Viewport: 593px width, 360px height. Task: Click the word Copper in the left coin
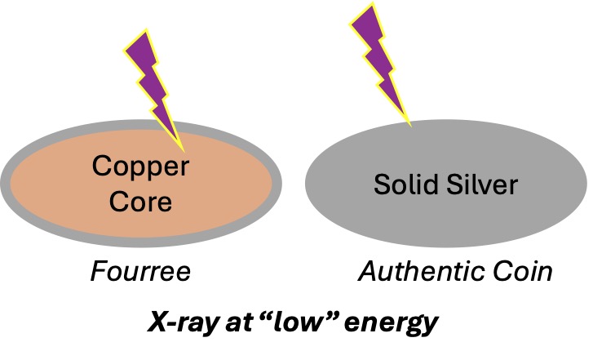point(140,169)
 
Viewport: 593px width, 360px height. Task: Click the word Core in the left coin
point(140,200)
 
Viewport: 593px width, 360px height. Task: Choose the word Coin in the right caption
point(521,269)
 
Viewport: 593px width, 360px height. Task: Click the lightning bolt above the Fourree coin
point(155,82)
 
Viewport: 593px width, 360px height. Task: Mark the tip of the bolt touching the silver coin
point(408,124)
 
